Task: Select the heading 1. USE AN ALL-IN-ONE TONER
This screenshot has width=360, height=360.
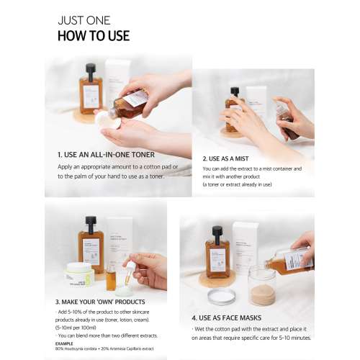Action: [x=106, y=154]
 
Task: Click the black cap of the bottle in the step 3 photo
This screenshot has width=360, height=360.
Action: [x=90, y=223]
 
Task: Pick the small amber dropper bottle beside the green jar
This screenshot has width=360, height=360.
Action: [x=111, y=277]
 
